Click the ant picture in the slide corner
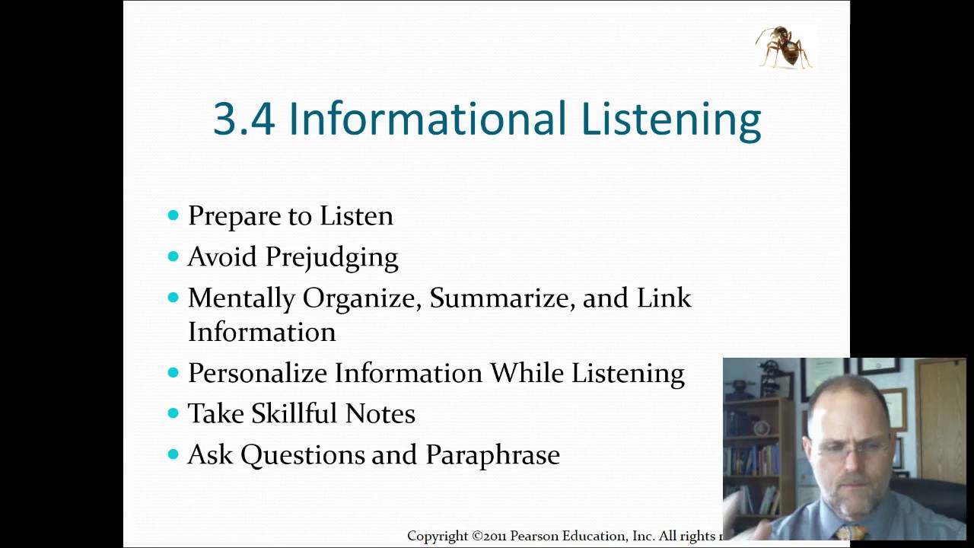click(785, 46)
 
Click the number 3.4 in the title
click(243, 119)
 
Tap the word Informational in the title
click(427, 119)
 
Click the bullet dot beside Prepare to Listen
click(173, 215)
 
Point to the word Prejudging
click(331, 257)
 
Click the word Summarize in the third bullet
click(501, 298)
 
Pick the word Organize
click(361, 298)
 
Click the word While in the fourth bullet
click(527, 373)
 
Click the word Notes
click(380, 413)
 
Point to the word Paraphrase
click(492, 454)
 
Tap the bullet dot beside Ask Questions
click(173, 454)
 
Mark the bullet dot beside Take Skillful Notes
click(173, 413)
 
